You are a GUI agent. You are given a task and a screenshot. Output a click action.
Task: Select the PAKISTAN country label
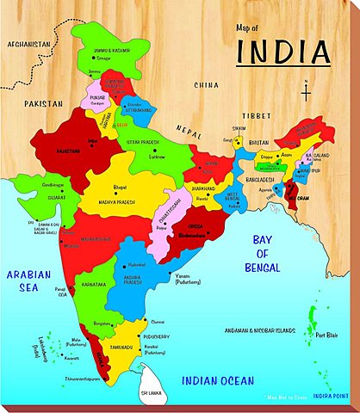(44, 102)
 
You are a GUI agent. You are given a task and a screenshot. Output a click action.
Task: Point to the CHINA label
(206, 86)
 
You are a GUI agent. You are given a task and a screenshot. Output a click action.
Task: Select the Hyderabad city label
(137, 267)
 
